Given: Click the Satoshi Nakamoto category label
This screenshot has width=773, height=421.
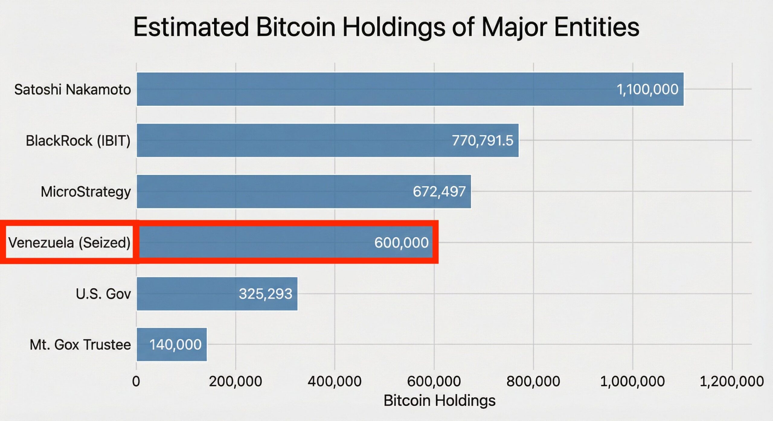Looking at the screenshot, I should [72, 90].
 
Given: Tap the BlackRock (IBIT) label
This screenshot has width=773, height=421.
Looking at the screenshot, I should [78, 141].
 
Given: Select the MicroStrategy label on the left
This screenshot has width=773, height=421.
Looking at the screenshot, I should [86, 192].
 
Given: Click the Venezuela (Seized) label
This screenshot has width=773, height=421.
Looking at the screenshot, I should [69, 242].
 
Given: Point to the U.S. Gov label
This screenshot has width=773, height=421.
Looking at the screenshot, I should [103, 294].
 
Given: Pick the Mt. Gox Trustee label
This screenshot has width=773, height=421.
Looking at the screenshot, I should [80, 344].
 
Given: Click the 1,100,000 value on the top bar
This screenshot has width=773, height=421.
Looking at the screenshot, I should [647, 90].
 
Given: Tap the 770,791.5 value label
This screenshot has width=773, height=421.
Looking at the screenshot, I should [482, 141].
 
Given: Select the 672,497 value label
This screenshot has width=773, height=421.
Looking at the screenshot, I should [439, 192].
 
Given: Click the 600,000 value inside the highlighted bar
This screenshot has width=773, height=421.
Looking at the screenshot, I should [401, 242].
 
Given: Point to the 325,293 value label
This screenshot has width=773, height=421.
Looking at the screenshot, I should [265, 294].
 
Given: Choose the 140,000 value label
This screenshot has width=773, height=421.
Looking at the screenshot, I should [175, 344].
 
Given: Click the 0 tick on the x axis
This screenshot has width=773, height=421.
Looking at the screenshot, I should [136, 381].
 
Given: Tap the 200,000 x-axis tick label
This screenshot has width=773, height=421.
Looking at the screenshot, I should [235, 381].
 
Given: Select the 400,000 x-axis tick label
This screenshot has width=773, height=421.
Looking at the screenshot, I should [334, 381].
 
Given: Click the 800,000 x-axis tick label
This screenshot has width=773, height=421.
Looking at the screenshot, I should [533, 381].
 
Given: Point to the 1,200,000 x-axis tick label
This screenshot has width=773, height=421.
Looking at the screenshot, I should [731, 381].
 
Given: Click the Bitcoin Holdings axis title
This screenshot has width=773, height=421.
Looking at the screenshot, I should [439, 400].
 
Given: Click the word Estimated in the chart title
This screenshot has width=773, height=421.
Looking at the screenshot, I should [191, 27].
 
